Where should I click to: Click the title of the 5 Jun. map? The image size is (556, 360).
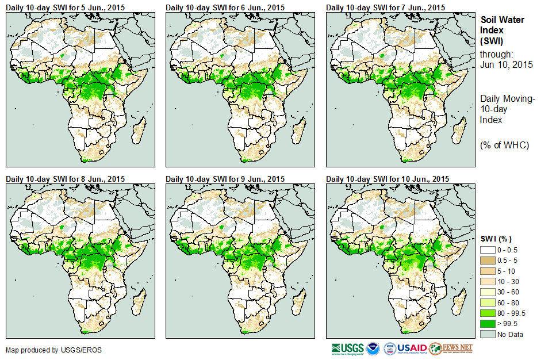pyautogui.click(x=65, y=7)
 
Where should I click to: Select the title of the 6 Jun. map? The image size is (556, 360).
pyautogui.click(x=225, y=7)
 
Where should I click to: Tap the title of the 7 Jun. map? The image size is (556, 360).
pyautogui.click(x=385, y=7)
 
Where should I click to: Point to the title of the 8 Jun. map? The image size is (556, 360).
pyautogui.click(x=65, y=179)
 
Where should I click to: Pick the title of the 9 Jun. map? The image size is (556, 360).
pyautogui.click(x=225, y=179)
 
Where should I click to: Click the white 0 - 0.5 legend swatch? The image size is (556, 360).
pyautogui.click(x=488, y=250)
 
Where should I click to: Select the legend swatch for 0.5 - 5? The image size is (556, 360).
pyautogui.click(x=488, y=261)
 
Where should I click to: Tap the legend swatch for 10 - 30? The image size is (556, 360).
pyautogui.click(x=488, y=281)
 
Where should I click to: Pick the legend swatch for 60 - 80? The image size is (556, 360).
pyautogui.click(x=488, y=302)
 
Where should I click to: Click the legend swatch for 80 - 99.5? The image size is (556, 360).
pyautogui.click(x=488, y=312)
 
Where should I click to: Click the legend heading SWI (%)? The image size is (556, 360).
pyautogui.click(x=496, y=239)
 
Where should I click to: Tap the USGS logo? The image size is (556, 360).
pyautogui.click(x=347, y=348)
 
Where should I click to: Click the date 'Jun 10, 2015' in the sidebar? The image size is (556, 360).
pyautogui.click(x=506, y=64)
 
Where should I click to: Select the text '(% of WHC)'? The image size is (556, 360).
pyautogui.click(x=504, y=145)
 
